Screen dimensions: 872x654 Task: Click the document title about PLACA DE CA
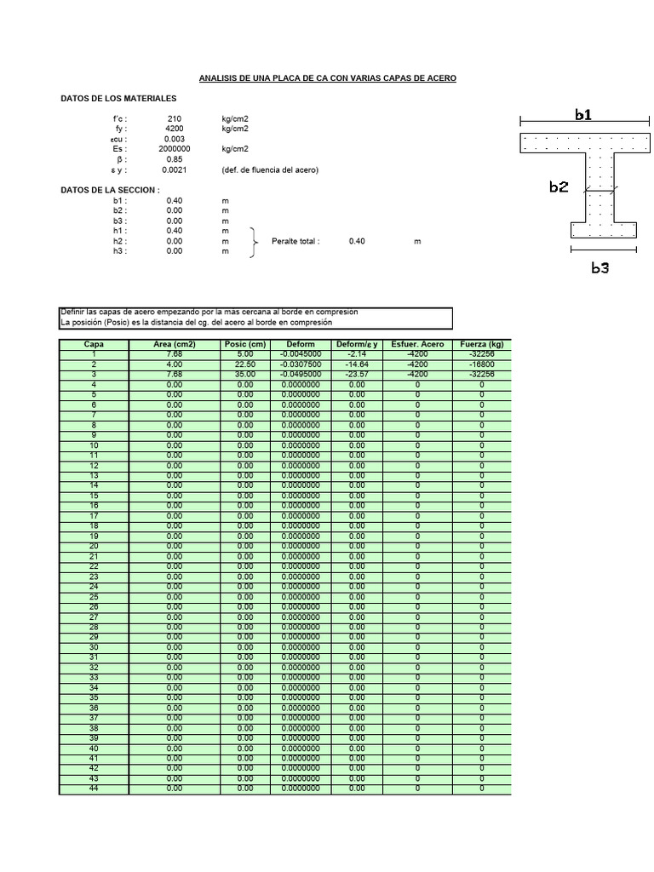pos(328,78)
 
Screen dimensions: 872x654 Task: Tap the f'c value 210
pos(175,118)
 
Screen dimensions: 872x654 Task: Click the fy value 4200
pos(175,129)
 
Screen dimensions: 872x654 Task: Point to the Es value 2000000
pos(175,149)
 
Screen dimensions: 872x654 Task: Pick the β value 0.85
pos(175,159)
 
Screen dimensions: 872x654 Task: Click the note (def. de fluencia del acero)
pos(270,169)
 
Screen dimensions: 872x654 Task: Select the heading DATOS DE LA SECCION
pos(110,190)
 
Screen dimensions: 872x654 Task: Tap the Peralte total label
pos(295,241)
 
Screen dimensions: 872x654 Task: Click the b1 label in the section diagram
pos(583,115)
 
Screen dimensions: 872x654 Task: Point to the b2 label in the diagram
pos(559,187)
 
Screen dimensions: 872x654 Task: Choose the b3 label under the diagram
pos(600,267)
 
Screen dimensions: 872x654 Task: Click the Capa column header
pos(94,344)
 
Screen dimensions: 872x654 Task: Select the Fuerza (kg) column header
pos(482,344)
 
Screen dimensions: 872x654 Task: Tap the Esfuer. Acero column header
pos(417,344)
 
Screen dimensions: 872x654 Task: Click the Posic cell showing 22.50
pos(245,364)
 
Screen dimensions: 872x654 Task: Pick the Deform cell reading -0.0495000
pos(301,374)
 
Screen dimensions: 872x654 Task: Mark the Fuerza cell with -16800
pos(482,364)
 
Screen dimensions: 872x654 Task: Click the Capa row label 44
pos(94,789)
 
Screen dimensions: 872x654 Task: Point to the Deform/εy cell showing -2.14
pos(357,353)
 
